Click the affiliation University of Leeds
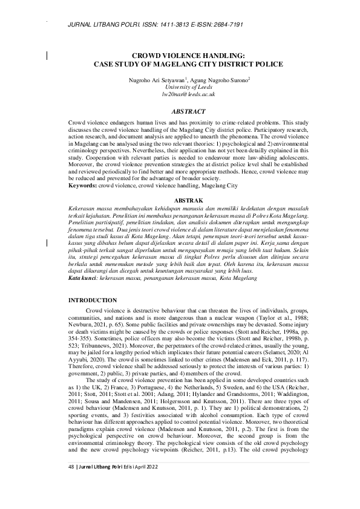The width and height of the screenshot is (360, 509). (x=180, y=87)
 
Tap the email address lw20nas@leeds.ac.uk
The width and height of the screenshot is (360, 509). (x=180, y=95)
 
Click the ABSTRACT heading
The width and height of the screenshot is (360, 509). (x=180, y=112)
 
